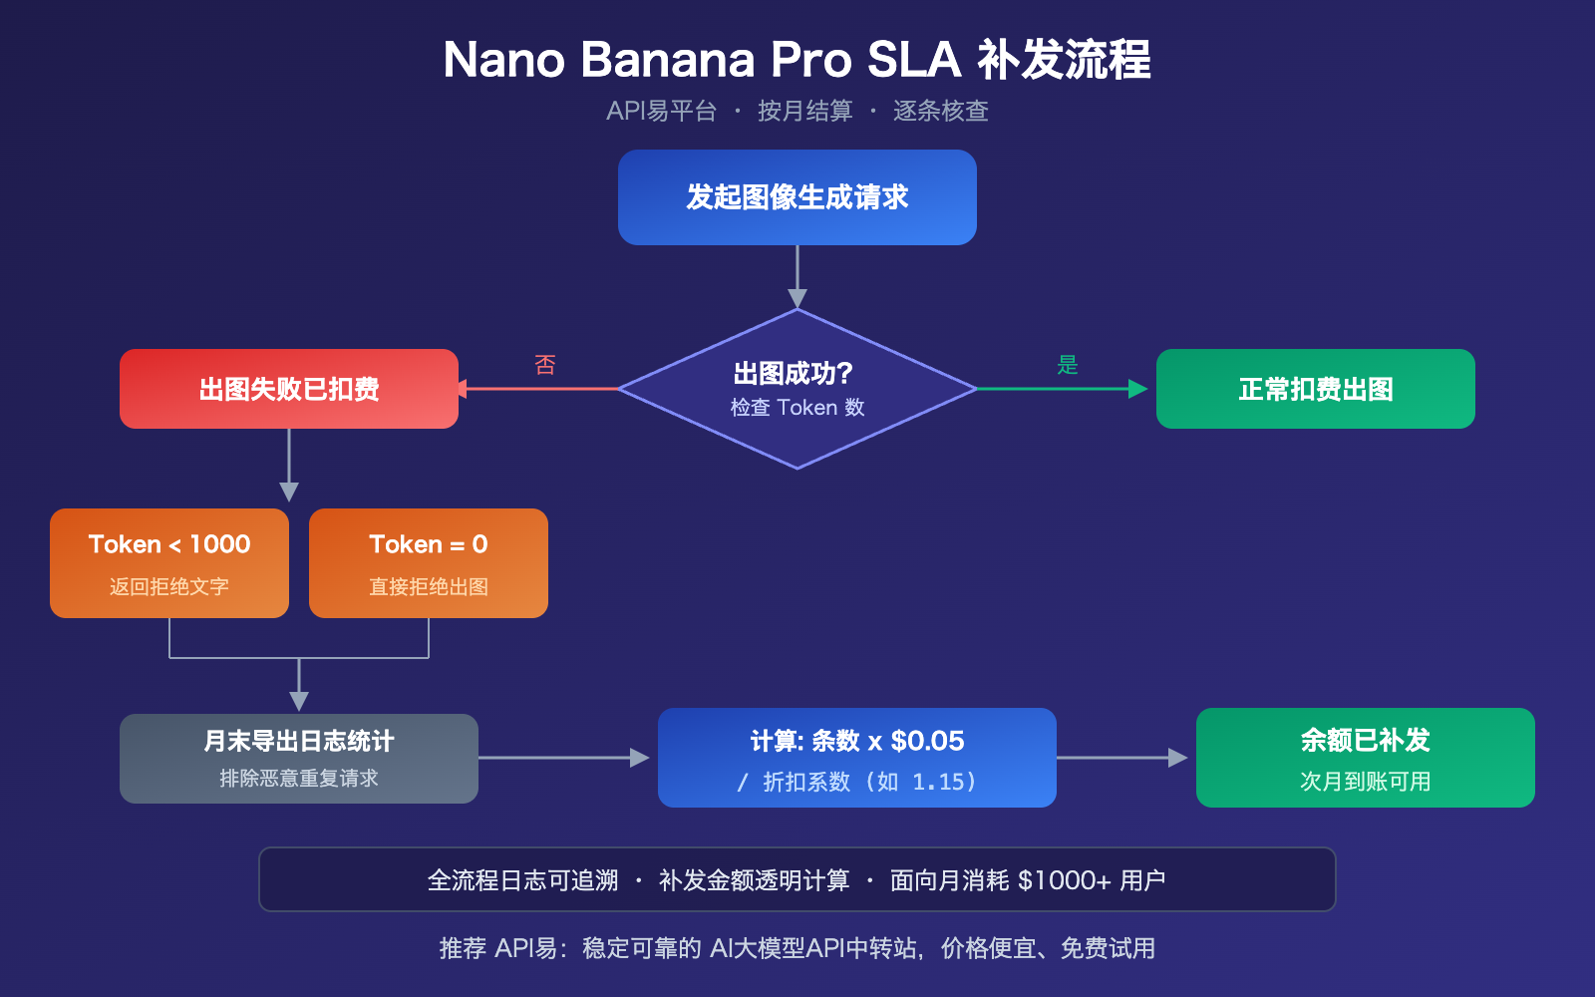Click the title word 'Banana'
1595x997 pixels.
[x=667, y=60]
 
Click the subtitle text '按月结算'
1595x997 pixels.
[x=804, y=111]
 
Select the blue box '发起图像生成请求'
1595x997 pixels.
[x=797, y=197]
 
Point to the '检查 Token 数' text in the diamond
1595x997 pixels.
[x=797, y=408]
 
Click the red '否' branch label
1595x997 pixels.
[x=544, y=365]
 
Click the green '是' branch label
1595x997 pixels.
[x=1068, y=365]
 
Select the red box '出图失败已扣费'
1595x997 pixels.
[x=289, y=389]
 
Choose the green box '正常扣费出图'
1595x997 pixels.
[x=1315, y=389]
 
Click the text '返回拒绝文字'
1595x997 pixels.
[x=169, y=587]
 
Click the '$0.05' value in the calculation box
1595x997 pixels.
[x=927, y=741]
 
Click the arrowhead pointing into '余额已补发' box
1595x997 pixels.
[x=1178, y=758]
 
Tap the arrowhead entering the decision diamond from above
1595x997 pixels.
[x=797, y=297]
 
